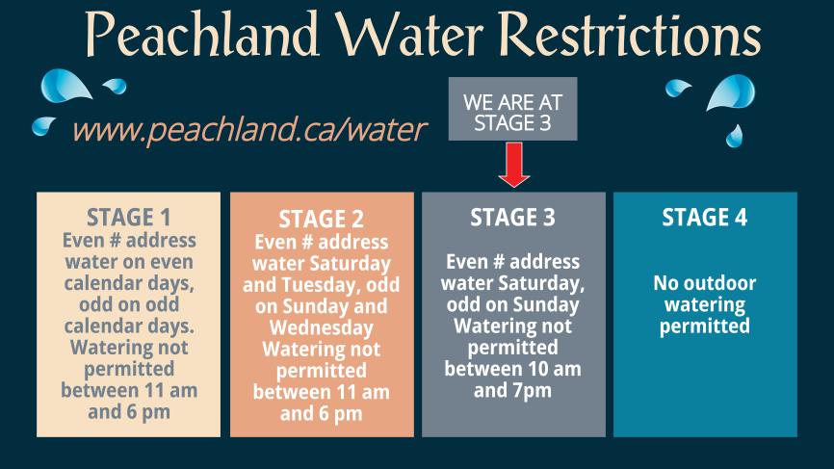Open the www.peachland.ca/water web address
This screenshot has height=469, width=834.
[x=249, y=129]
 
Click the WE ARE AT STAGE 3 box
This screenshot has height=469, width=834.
[x=512, y=110]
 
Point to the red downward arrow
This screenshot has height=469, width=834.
[x=514, y=164]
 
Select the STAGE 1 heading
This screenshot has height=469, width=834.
[x=129, y=216]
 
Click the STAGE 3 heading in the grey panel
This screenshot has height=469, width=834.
[x=512, y=218]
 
